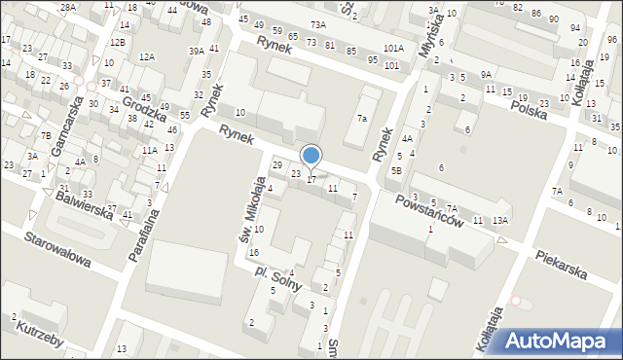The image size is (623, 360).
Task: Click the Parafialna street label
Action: point(139,234)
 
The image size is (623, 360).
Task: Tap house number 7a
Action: point(361,119)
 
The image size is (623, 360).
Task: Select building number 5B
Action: point(396,170)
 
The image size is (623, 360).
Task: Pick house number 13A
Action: point(499,221)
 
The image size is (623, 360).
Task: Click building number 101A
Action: point(393,48)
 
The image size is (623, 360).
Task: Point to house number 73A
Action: point(317,24)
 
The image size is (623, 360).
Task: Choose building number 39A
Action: point(197,51)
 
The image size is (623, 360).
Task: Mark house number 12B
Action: point(117,42)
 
